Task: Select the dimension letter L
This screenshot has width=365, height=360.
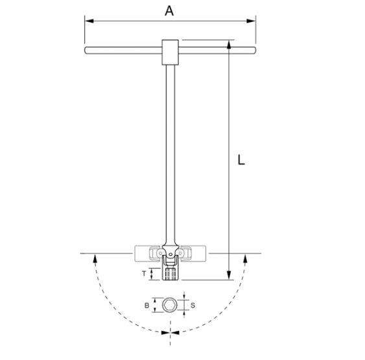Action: pyautogui.click(x=241, y=159)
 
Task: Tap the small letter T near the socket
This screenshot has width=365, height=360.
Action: pyautogui.click(x=144, y=274)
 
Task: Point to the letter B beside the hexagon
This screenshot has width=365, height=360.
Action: pyautogui.click(x=147, y=304)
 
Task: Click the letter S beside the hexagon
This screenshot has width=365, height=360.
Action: pyautogui.click(x=193, y=304)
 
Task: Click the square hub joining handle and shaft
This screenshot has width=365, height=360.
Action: pyautogui.click(x=171, y=51)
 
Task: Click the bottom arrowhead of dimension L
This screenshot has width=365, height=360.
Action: pyautogui.click(x=230, y=276)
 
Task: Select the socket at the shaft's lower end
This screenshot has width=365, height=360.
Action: pyautogui.click(x=171, y=273)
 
